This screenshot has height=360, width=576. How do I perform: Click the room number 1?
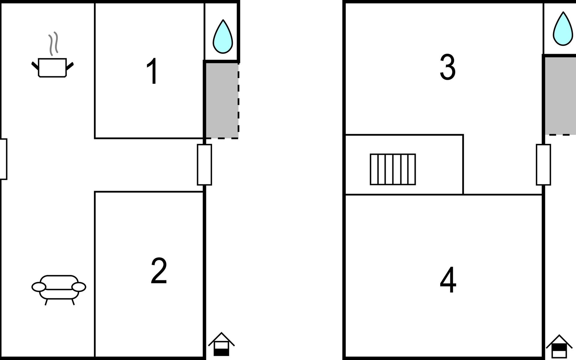click(x=152, y=71)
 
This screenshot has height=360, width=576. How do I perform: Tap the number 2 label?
click(x=159, y=271)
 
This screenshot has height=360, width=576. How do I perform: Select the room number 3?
click(x=448, y=67)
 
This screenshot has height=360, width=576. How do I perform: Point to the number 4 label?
click(x=448, y=280)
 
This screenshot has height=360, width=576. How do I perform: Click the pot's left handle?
click(x=35, y=66)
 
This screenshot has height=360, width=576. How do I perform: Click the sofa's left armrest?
click(x=39, y=287)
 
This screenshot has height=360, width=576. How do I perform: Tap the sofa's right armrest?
click(x=79, y=287)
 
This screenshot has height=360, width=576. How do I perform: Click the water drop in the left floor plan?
click(x=223, y=37)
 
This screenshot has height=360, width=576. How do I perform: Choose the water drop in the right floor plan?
click(x=563, y=29)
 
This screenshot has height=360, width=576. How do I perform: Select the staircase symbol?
click(x=393, y=169)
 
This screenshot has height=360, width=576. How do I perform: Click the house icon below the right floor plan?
click(x=559, y=346)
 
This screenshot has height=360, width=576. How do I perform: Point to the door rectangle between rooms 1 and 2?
click(x=204, y=165)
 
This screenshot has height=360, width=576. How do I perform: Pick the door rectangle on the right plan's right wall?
click(x=543, y=165)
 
